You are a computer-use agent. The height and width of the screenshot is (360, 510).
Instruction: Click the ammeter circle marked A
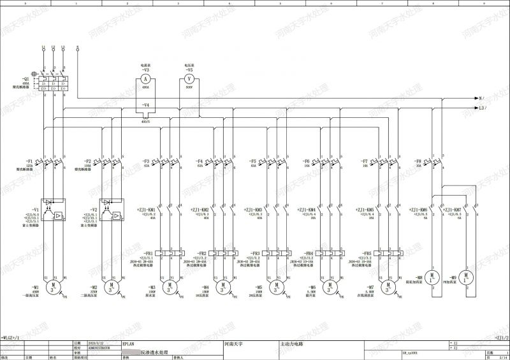(x=145, y=79)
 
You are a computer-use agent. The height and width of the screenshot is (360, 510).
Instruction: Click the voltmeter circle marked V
(x=189, y=79)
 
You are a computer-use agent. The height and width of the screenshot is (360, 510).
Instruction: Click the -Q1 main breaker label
(x=26, y=78)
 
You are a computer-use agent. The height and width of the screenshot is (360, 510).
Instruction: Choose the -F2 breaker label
(x=87, y=161)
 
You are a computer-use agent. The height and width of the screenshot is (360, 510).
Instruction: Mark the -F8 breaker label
(x=418, y=161)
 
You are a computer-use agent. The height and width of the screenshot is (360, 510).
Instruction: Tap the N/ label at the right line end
(x=481, y=99)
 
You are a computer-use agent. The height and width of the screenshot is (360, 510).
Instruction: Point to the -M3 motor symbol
(x=169, y=289)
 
